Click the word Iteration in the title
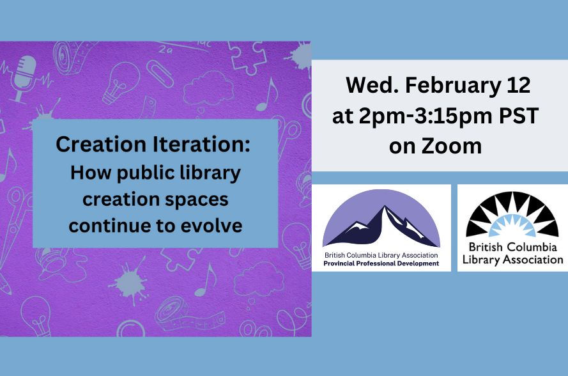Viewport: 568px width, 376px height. pos(201,145)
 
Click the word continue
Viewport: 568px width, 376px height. pos(111,226)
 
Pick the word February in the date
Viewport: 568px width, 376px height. pos(452,85)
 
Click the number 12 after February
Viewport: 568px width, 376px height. pos(518,85)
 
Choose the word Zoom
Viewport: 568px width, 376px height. pos(451,146)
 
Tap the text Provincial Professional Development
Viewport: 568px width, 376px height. pos(381,263)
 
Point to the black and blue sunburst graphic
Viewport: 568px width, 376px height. pos(512,214)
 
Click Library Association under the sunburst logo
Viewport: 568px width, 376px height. pos(512,260)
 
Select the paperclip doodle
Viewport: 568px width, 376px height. pos(160,74)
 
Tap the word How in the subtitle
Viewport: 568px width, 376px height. pos(91,173)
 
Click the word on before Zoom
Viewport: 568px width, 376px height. pos(402,147)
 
